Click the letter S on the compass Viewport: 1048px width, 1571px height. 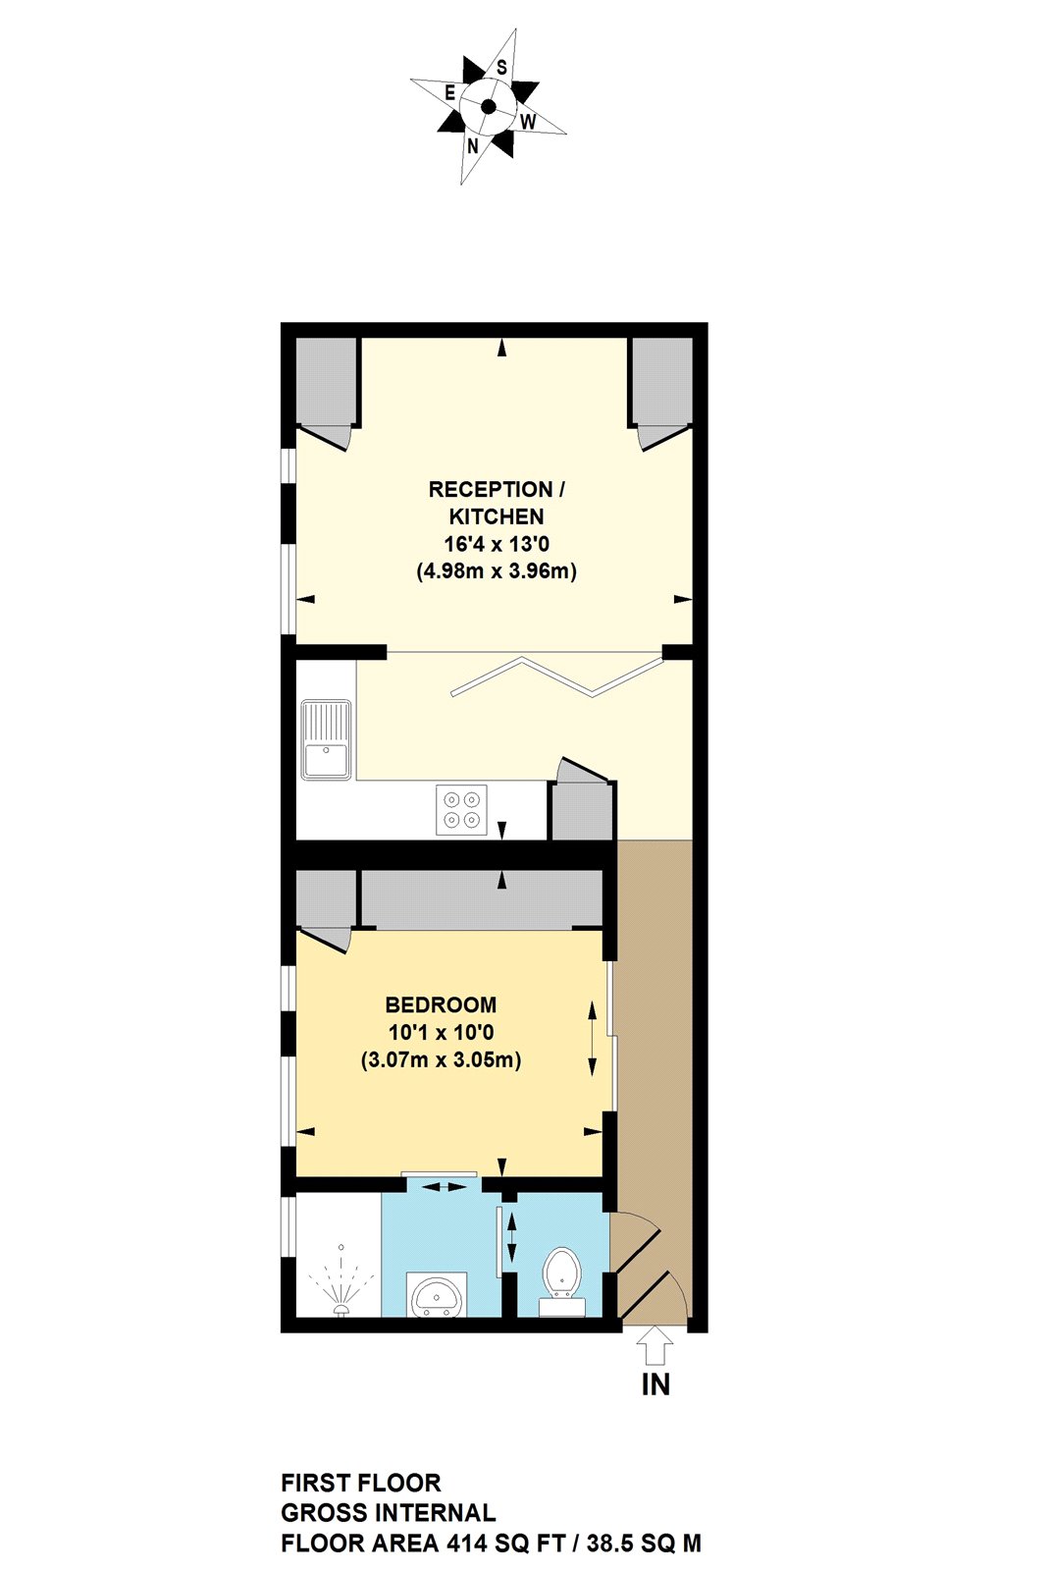(501, 68)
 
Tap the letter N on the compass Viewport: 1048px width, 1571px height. (473, 146)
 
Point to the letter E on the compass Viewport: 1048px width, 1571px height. (450, 92)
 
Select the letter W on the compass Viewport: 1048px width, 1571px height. (528, 122)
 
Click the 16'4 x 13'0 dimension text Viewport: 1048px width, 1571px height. (497, 543)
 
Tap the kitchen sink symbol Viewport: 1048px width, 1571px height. (326, 739)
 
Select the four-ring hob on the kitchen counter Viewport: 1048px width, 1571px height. (461, 810)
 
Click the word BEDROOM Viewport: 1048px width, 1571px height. (441, 1004)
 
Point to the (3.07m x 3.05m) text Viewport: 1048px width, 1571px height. (441, 1059)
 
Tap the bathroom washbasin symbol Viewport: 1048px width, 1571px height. (436, 1295)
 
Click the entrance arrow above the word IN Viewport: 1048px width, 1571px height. (655, 1344)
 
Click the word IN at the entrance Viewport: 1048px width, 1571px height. (655, 1384)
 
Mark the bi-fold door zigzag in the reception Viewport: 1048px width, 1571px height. (556, 676)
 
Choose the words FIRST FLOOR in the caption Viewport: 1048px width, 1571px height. (360, 1483)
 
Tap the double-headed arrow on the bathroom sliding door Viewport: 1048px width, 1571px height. (445, 1187)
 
